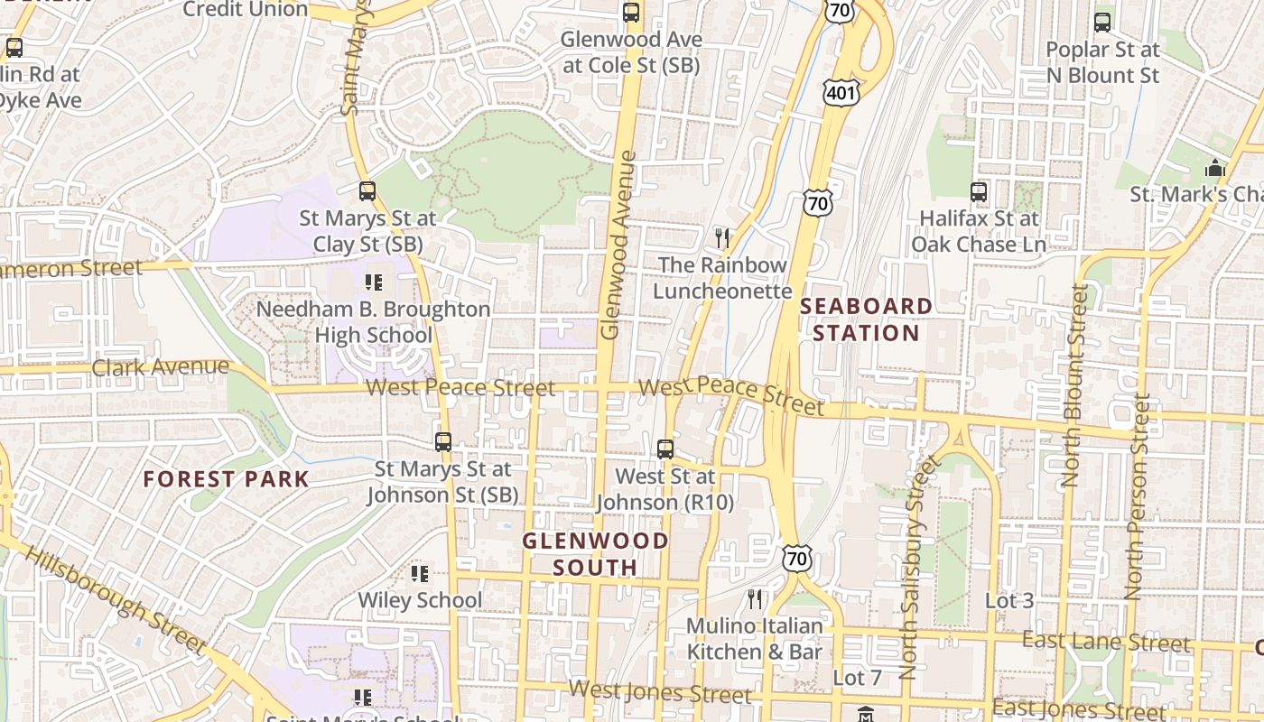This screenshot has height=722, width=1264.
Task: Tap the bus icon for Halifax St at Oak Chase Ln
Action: tap(979, 191)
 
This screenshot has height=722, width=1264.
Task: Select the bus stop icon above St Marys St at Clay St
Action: tap(367, 191)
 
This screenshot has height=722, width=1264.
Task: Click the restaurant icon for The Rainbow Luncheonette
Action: tap(721, 238)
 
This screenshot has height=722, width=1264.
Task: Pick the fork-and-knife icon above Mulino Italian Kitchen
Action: tap(755, 599)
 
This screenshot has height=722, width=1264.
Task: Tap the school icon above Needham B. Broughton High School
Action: tap(374, 282)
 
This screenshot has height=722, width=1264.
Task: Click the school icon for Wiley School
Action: tap(420, 574)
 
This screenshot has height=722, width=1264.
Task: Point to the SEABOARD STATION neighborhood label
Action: tap(866, 319)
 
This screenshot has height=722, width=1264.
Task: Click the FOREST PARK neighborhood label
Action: tap(227, 479)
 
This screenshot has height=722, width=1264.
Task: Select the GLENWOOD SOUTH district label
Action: tap(596, 554)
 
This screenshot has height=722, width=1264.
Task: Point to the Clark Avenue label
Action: tap(161, 367)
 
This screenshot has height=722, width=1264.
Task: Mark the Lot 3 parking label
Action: tap(1008, 600)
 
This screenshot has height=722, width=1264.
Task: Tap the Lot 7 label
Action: tap(856, 677)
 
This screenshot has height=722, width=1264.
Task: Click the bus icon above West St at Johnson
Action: tap(665, 449)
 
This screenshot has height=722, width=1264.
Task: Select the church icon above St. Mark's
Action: tap(1215, 168)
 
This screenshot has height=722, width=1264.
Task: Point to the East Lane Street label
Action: tap(1105, 642)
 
